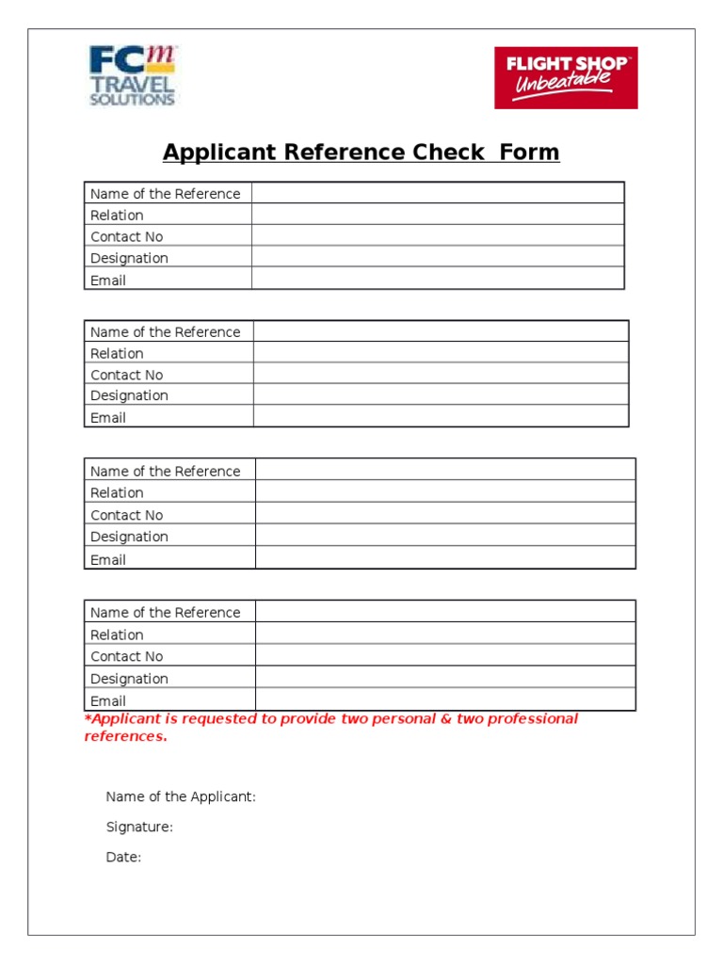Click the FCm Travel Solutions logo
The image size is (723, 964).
click(x=132, y=76)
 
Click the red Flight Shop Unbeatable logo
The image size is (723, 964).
click(x=566, y=77)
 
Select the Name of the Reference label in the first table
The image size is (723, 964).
click(x=165, y=194)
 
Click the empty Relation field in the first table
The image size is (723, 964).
click(x=437, y=215)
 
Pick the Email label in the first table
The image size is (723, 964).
click(x=107, y=280)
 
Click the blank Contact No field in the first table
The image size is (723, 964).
click(x=437, y=236)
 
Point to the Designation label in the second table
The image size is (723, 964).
click(x=129, y=395)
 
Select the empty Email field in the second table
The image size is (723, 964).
click(x=440, y=417)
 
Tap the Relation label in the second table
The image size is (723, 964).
click(x=117, y=353)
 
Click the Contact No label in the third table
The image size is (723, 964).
click(x=126, y=515)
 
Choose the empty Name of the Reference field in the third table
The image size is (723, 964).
click(x=444, y=471)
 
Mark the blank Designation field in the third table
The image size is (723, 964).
click(x=444, y=537)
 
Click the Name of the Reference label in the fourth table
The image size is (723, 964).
click(x=165, y=612)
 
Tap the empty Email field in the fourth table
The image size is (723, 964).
click(x=444, y=700)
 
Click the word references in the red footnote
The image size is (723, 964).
click(x=125, y=736)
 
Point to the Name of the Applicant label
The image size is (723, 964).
click(x=181, y=796)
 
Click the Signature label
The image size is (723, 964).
click(x=139, y=827)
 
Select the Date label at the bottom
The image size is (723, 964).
click(x=123, y=857)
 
